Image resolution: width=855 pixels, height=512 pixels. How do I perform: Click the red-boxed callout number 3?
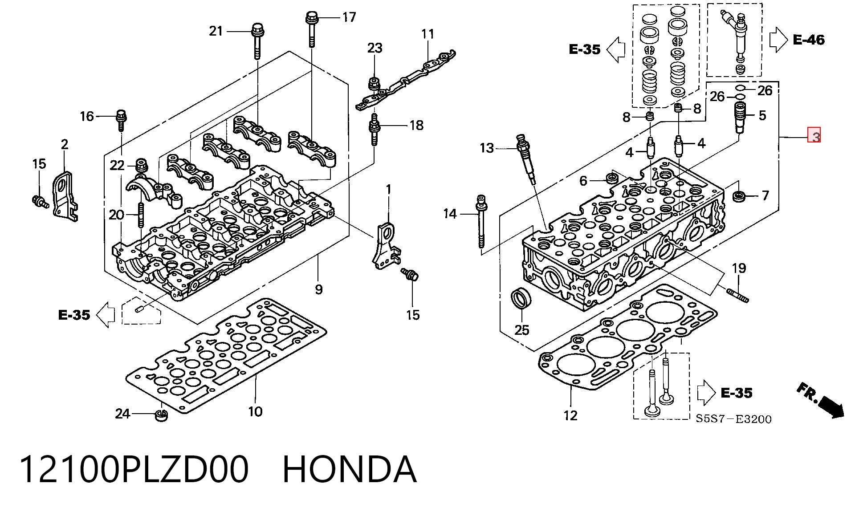[x=814, y=135]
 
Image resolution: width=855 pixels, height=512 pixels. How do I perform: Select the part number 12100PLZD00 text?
[x=134, y=469]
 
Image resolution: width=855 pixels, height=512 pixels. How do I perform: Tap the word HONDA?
[x=350, y=469]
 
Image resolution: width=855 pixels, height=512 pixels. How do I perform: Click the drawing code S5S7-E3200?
[x=734, y=419]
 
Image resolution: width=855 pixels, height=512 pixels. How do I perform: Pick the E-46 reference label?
[x=809, y=40]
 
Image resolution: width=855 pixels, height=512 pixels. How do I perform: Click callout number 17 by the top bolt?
[x=349, y=17]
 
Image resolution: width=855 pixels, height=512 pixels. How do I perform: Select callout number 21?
[x=216, y=31]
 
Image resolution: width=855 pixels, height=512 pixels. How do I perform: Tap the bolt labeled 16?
[x=121, y=119]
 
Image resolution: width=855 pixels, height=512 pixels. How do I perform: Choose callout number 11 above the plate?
[x=427, y=34]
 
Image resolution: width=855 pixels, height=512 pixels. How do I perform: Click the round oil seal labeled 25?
[x=521, y=298]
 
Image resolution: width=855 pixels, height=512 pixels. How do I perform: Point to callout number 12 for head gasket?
[x=570, y=415]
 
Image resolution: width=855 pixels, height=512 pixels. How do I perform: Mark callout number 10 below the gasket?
[x=255, y=411]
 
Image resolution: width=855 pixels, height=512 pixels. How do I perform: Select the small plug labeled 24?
[x=161, y=415]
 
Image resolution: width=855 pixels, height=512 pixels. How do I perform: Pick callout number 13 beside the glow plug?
[x=487, y=148]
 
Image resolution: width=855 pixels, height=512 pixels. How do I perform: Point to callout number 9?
[x=318, y=290]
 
